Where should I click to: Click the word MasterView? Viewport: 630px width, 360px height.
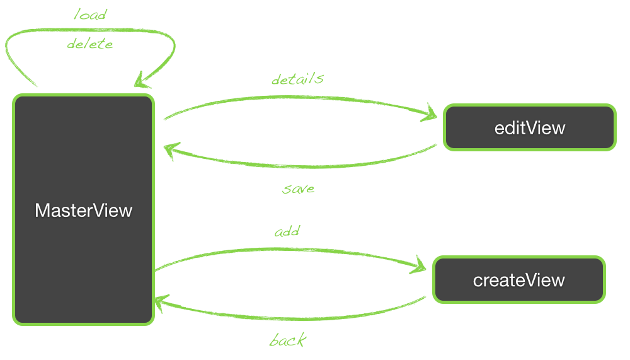point(83,210)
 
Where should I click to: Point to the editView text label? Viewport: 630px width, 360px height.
point(530,128)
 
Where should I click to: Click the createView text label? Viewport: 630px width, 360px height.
point(518,279)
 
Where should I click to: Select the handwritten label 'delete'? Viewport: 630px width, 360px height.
point(90,44)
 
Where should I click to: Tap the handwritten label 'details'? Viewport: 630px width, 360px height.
point(297,79)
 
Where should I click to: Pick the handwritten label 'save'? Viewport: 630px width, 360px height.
point(299,189)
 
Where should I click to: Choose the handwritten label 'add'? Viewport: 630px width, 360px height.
point(287,232)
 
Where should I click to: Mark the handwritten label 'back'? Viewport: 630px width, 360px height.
point(288,341)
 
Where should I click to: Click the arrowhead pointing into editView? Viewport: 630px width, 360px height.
point(430,114)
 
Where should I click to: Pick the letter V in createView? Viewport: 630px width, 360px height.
point(533,279)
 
